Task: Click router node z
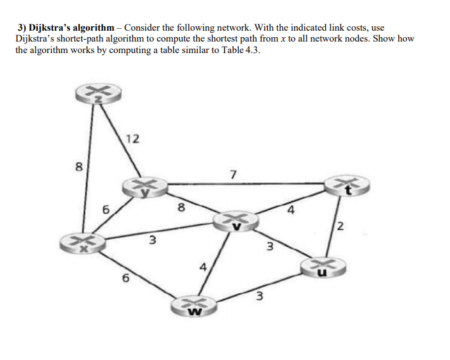93,95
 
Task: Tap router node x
83,244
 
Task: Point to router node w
193,306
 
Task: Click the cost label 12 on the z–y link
133,139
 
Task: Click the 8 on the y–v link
181,207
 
